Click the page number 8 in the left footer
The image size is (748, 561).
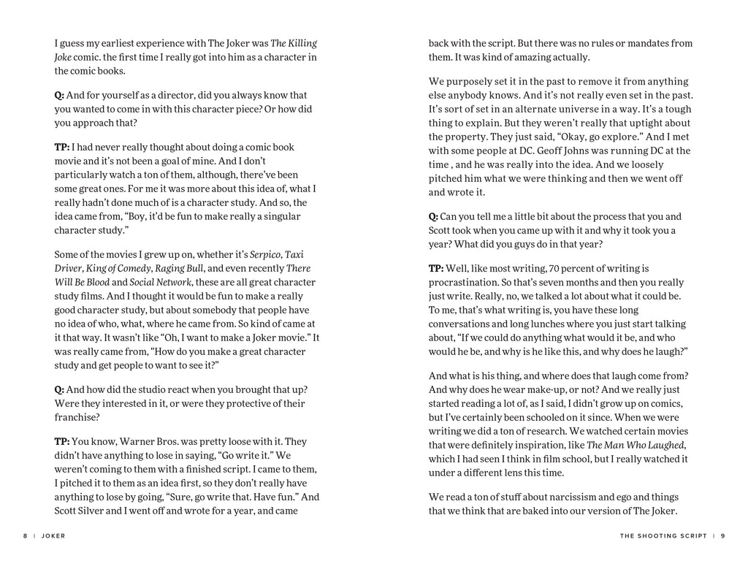pyautogui.click(x=25, y=535)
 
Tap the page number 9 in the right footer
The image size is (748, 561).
pyautogui.click(x=722, y=535)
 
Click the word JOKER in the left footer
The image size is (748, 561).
pyautogui.click(x=53, y=535)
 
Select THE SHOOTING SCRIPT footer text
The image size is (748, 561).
pyautogui.click(x=663, y=535)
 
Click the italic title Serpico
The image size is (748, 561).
pyautogui.click(x=266, y=254)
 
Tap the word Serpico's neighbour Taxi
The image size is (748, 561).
pyautogui.click(x=294, y=254)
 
